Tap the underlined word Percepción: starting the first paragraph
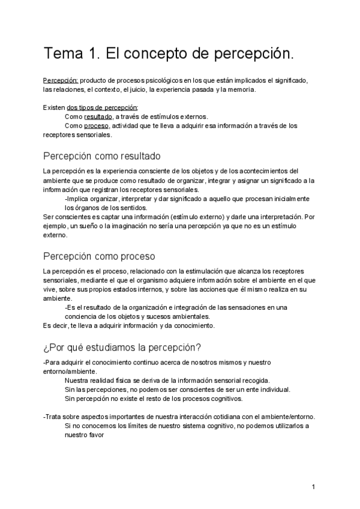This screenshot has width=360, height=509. tap(60, 80)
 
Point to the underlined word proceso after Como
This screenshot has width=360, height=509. tap(97, 126)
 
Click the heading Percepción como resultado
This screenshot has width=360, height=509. tap(102, 156)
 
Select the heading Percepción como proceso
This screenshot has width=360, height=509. tap(100, 256)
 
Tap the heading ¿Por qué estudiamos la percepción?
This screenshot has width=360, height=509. tap(122, 348)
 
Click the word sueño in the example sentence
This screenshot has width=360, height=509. tap(89, 226)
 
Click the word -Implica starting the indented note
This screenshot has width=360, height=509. tap(77, 199)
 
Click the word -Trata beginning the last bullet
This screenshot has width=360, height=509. tap(53, 417)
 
